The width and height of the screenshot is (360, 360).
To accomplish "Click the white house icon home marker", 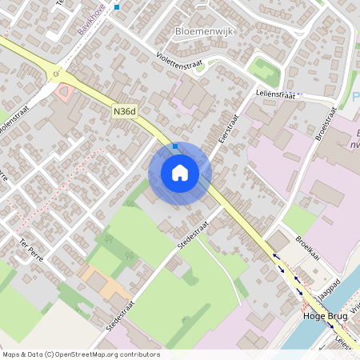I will pos(180,173).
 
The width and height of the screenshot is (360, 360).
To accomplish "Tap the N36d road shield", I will pos(124,114).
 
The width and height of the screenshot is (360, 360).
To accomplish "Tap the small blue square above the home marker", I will pos(175,146).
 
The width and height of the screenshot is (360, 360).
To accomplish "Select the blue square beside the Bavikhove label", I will pos(117,7).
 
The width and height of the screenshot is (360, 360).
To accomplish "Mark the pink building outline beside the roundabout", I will pos(68,92).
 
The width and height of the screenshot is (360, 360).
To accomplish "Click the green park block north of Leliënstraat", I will pos(263,70).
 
